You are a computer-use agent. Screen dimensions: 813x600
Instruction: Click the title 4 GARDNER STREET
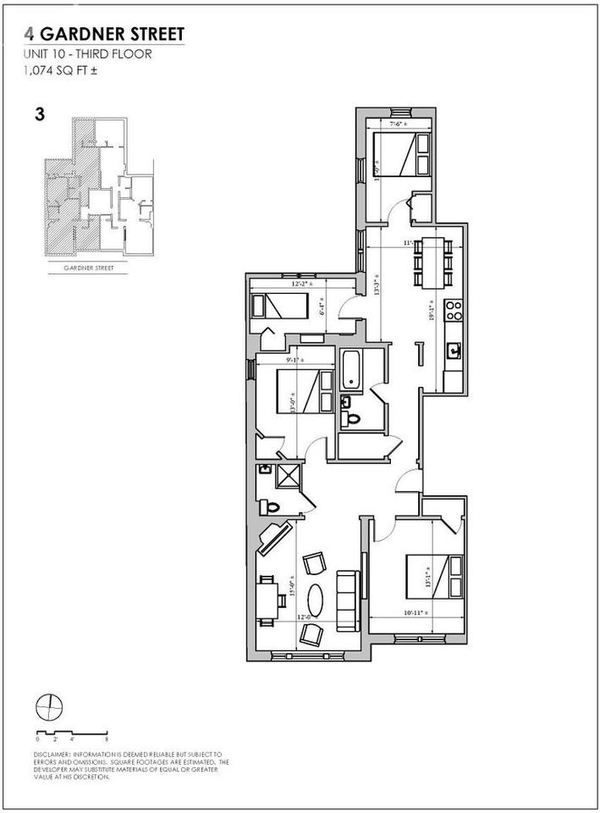coord(105,36)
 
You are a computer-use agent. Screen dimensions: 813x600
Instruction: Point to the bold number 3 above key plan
coord(40,113)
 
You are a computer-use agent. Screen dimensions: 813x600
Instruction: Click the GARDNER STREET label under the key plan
coord(90,267)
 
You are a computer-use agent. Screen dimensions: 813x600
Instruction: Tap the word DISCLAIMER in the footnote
coord(53,754)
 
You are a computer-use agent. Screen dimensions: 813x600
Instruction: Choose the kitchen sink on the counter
coord(453,350)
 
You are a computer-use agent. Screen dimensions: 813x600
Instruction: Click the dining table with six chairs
coord(430,260)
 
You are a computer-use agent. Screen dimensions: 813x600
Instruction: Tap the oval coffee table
coord(314,600)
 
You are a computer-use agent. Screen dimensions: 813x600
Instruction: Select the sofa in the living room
coord(345,600)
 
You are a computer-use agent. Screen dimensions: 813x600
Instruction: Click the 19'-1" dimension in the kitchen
coord(433,309)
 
